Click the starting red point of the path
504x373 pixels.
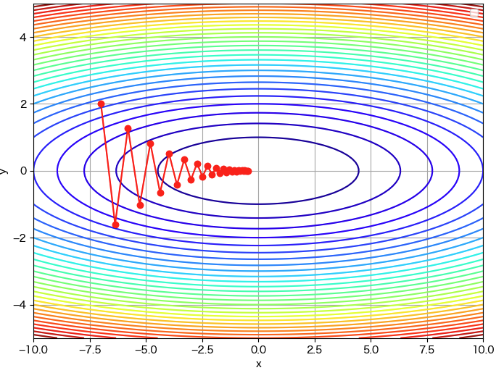101,104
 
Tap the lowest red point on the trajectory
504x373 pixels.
115,225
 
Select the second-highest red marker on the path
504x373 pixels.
128,128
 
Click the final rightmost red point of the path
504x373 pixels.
249,171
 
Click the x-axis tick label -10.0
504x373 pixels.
33,348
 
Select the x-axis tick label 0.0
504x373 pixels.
258,348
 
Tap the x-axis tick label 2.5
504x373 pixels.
315,348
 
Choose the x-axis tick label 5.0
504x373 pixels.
371,348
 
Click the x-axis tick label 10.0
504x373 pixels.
483,348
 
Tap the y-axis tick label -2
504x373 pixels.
20,238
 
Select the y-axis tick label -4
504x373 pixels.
20,305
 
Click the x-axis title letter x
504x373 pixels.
258,364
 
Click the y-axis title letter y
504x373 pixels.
5,171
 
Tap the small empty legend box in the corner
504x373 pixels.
474,13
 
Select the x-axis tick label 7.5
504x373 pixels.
427,348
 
